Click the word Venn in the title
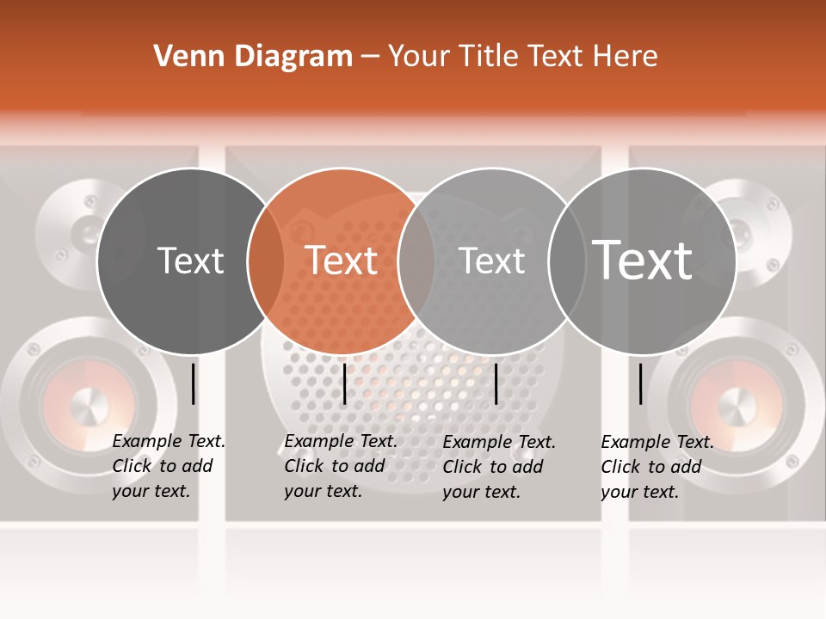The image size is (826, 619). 184,57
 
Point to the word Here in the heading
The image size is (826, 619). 625,57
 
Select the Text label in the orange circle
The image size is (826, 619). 342,260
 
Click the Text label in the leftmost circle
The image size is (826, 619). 190,260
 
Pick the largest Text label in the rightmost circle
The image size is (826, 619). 643,260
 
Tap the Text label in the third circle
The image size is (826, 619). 492,260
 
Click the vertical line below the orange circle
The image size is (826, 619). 344,383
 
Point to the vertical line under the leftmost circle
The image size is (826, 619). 193,383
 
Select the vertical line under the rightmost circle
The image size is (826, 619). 640,383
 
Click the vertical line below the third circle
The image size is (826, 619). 496,383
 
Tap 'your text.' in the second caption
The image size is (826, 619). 323,491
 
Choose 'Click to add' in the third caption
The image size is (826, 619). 493,467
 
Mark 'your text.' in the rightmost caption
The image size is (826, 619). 639,492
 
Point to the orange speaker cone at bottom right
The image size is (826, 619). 736,404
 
